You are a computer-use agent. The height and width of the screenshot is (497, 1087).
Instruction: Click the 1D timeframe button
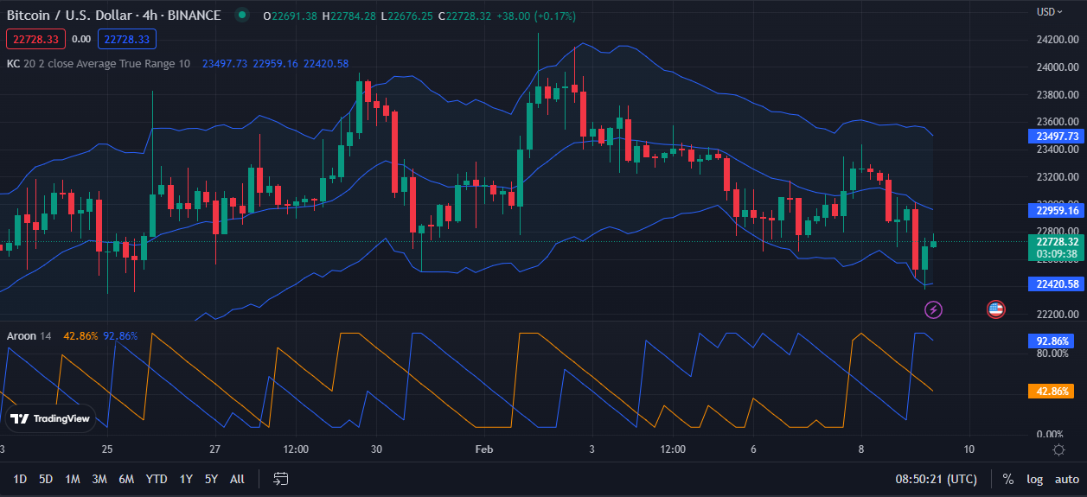click(20, 479)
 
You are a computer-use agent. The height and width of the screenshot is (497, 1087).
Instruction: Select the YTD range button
click(157, 479)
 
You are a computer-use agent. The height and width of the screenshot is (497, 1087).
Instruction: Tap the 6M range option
click(126, 479)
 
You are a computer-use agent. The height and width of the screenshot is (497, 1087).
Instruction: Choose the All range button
click(237, 479)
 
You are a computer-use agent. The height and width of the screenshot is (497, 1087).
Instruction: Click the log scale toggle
click(1035, 479)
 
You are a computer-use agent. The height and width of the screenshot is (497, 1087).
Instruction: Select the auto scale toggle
click(1067, 479)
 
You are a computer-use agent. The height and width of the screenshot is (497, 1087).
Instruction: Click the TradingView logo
click(50, 419)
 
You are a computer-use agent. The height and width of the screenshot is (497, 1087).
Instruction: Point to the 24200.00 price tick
click(1056, 40)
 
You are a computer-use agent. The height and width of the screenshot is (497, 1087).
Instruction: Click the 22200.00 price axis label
click(1056, 314)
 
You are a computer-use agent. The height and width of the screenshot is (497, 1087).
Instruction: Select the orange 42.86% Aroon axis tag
click(1050, 392)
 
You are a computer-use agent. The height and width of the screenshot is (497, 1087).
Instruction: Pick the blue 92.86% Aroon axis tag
click(1050, 341)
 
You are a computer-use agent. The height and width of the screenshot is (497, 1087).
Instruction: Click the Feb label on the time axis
click(483, 449)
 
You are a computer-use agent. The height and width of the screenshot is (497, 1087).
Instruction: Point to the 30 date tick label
click(376, 449)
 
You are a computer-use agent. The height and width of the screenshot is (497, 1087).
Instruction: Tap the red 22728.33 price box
click(35, 39)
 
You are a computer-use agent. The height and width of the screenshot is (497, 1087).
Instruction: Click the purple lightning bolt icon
click(933, 309)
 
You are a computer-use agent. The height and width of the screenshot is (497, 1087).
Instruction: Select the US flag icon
click(995, 309)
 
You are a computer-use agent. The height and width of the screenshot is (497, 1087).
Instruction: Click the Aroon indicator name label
click(22, 335)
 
